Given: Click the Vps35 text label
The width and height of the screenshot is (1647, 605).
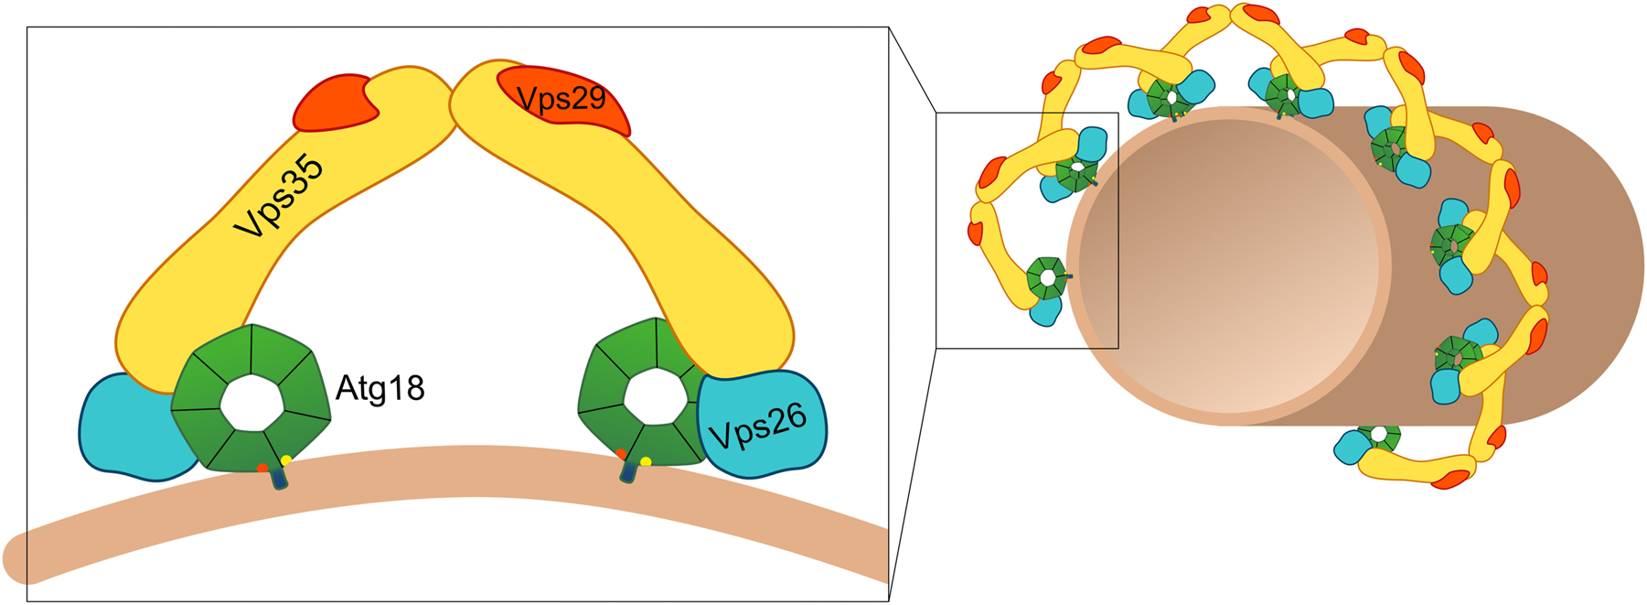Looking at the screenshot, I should [x=279, y=197].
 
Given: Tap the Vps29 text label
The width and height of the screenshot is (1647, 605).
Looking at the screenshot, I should [x=561, y=98].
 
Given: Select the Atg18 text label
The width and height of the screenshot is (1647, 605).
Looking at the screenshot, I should [x=380, y=389].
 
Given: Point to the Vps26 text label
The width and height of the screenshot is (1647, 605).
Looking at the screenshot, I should [x=758, y=426].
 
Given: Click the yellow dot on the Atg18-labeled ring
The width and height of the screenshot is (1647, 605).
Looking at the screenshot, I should [x=286, y=460].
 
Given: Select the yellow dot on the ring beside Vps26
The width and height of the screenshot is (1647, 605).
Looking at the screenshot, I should [x=646, y=461].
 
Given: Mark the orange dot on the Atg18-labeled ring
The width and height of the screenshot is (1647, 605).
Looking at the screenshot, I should [x=263, y=468].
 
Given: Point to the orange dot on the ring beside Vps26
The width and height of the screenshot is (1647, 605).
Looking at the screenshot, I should [x=621, y=454].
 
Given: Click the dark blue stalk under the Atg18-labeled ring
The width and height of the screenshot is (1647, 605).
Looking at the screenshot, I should [x=278, y=479].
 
